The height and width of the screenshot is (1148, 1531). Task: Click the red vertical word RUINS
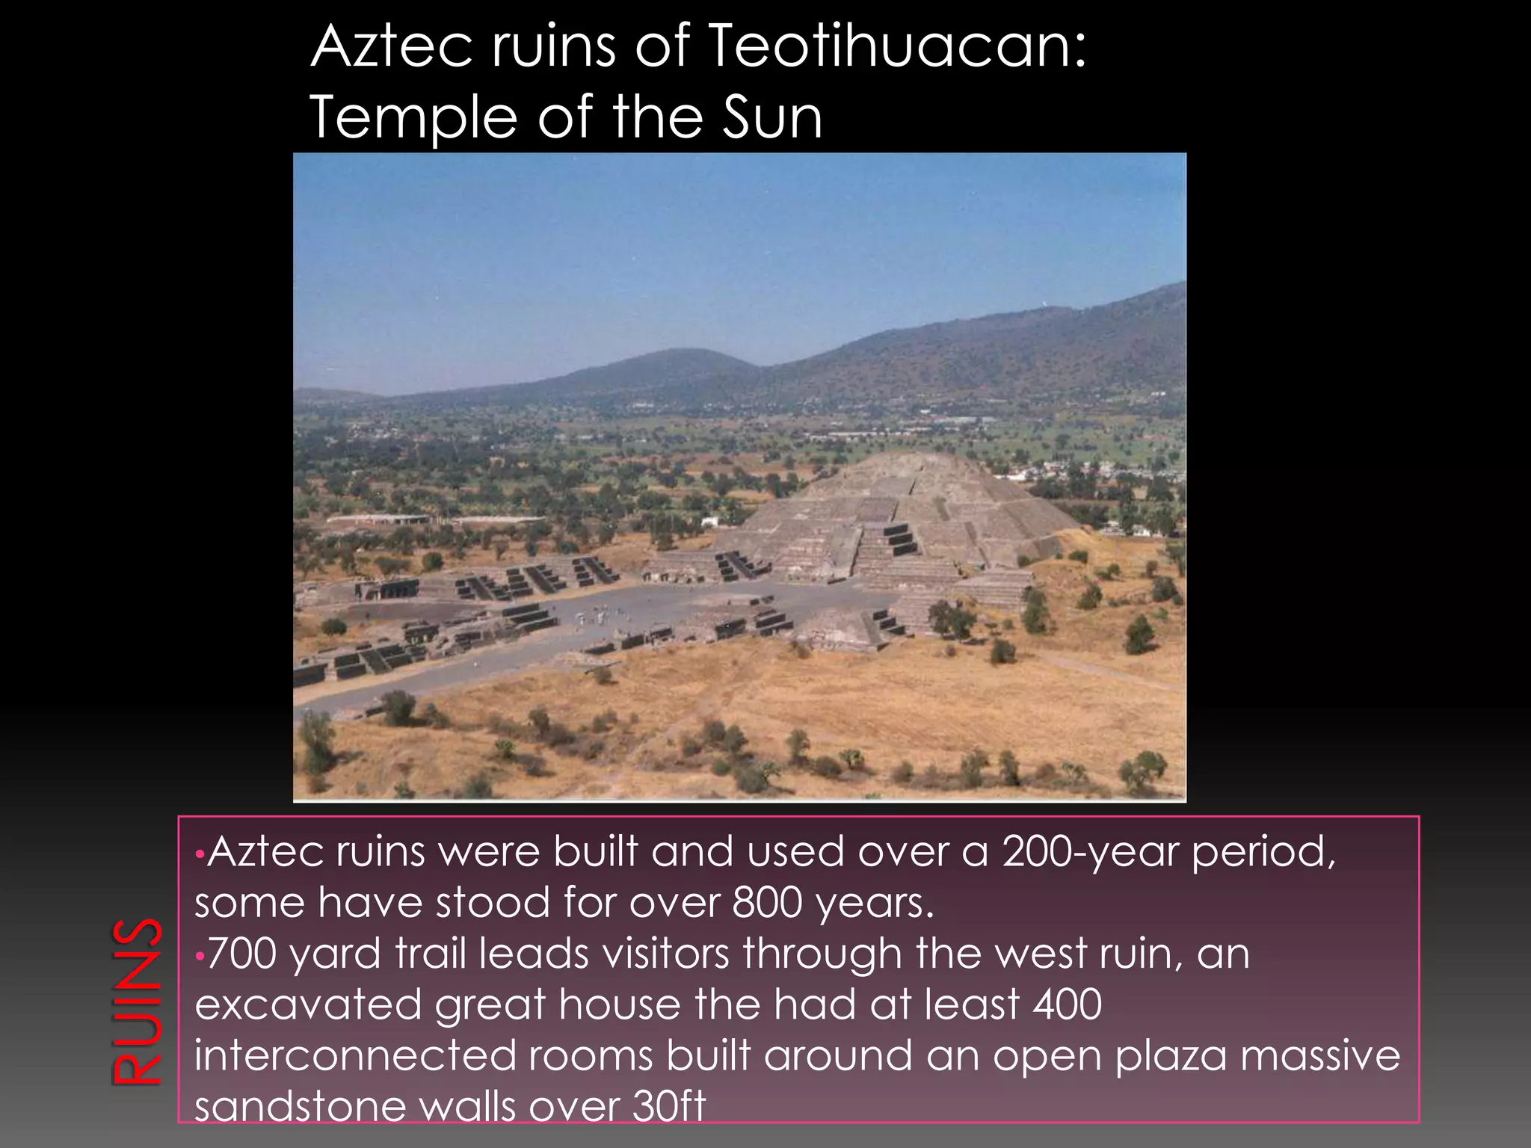pyautogui.click(x=137, y=1001)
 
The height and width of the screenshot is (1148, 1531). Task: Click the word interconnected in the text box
pyautogui.click(x=355, y=1055)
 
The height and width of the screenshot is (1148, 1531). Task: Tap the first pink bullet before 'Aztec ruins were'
pyautogui.click(x=198, y=854)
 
